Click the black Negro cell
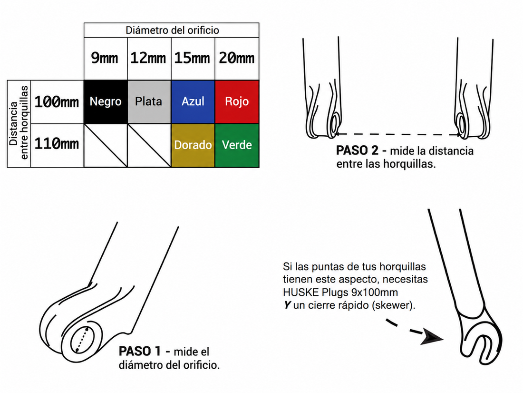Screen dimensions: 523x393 click(x=106, y=101)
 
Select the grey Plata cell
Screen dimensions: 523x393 click(x=149, y=101)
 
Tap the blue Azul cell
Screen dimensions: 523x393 click(x=193, y=101)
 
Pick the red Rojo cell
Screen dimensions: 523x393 click(x=237, y=101)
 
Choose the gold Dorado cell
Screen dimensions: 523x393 click(x=193, y=145)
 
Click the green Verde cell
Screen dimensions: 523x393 click(x=237, y=145)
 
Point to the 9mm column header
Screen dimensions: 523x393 click(x=105, y=58)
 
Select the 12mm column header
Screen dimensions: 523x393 click(x=148, y=58)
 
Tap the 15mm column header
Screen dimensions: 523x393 click(x=192, y=58)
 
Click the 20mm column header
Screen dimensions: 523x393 click(x=236, y=58)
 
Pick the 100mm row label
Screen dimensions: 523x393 click(x=57, y=102)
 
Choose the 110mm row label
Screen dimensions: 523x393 click(x=57, y=144)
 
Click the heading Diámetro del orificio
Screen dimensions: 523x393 click(x=172, y=30)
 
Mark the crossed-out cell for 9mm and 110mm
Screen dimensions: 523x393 click(x=106, y=145)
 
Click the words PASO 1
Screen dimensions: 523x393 click(x=140, y=351)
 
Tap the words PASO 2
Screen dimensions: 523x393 click(x=357, y=151)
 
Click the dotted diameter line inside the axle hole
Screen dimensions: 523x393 click(x=82, y=340)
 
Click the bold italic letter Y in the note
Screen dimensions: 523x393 click(x=287, y=305)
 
